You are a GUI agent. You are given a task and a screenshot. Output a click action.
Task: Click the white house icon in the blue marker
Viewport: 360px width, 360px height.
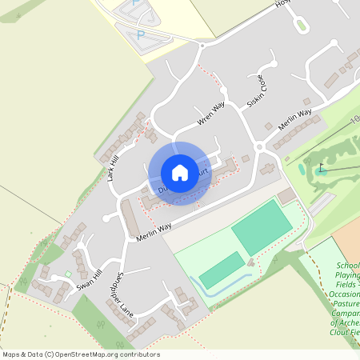pos(180,172)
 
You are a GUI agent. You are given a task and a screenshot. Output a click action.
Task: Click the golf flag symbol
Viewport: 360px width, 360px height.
pos(322,168)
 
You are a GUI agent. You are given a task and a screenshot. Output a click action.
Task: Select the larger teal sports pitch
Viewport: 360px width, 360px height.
pos(262,228)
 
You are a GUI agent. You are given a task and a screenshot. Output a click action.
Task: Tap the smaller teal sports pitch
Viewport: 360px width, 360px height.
pos(222,270)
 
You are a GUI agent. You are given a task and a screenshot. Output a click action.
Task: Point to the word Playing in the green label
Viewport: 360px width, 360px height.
pos(348,274)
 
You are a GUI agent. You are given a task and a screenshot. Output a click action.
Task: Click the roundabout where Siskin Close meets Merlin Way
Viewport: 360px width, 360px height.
pos(260,147)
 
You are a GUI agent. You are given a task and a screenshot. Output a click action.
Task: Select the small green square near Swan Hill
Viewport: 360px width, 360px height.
pos(68,274)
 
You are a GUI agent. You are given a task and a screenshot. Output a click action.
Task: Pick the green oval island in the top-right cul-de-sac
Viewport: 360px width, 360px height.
pos(302,25)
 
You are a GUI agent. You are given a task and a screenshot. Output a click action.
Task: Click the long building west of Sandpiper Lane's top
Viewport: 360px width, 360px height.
pos(130,218)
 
